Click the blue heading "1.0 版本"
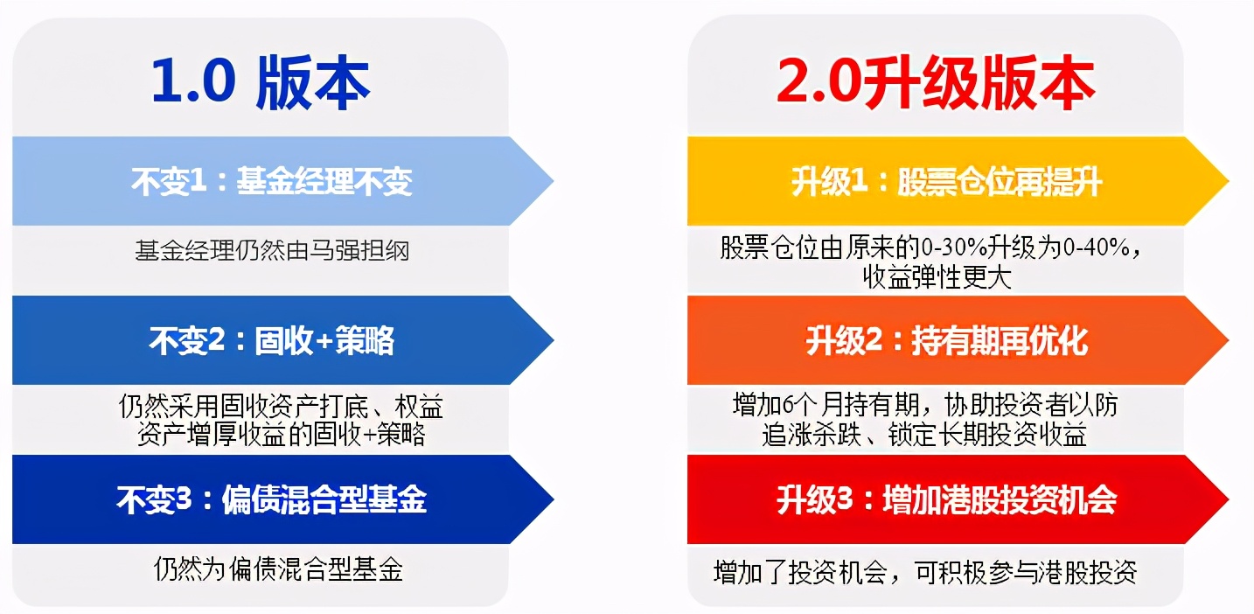pos(261,83)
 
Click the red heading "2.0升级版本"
pos(935,83)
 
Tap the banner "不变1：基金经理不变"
pos(271,181)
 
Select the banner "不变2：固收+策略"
pos(271,340)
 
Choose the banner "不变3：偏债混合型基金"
pos(271,500)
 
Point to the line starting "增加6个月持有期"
pos(924,406)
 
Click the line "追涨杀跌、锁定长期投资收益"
pos(924,435)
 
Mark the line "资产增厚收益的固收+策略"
pos(281,435)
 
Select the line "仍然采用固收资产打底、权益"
pos(281,406)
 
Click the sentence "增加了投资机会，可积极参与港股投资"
pos(924,573)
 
